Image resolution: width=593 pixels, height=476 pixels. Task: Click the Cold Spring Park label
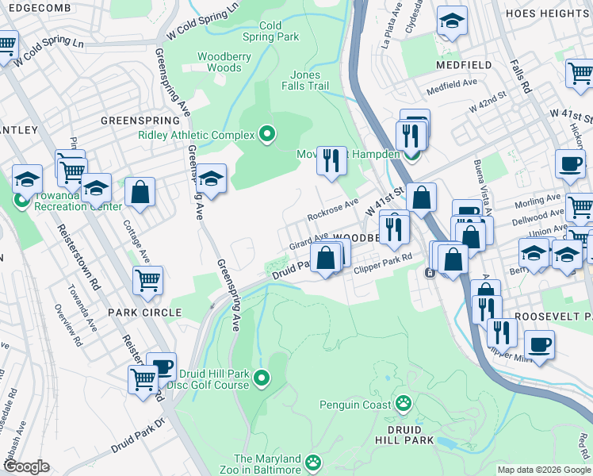(x=270, y=31)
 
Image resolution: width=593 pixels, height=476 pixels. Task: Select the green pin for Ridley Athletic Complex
(x=266, y=135)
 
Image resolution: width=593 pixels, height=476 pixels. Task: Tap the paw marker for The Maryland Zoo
(x=314, y=461)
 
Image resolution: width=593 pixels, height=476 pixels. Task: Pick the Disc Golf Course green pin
(x=262, y=377)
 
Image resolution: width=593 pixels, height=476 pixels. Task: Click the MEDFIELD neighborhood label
(x=462, y=64)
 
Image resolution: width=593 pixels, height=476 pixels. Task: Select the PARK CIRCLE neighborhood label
(x=145, y=313)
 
